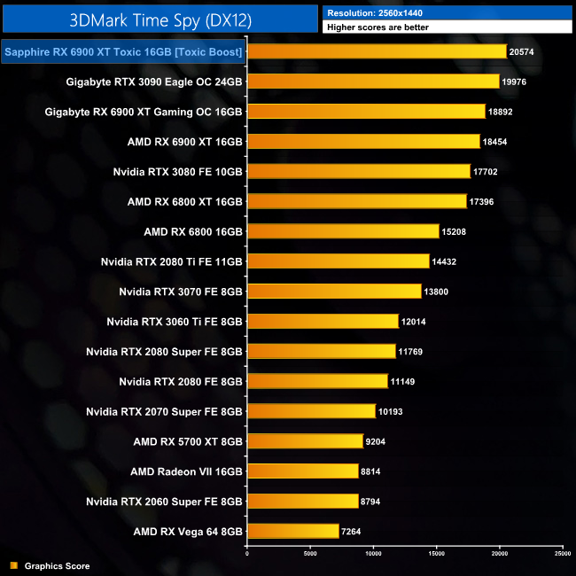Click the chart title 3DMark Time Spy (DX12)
click(x=160, y=19)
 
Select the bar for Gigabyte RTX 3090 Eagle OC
click(x=373, y=82)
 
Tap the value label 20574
click(x=522, y=52)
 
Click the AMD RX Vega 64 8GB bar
click(x=292, y=532)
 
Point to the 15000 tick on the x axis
click(x=436, y=554)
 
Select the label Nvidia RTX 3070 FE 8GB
click(x=181, y=292)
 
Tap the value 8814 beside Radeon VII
click(x=372, y=471)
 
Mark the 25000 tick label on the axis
click(x=562, y=554)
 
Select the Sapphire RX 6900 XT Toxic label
click(x=123, y=52)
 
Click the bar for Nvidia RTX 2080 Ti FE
click(x=338, y=261)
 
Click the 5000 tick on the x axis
click(x=310, y=554)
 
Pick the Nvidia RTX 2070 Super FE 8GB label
click(x=164, y=411)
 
